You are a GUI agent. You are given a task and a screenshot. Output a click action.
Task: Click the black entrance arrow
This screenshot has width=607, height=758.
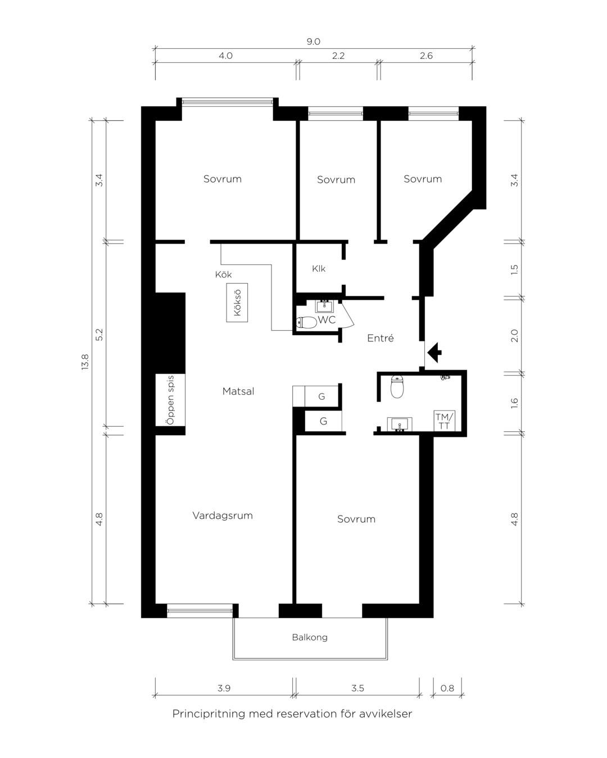[434, 352]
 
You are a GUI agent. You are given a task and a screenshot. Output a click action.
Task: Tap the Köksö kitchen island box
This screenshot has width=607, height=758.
[237, 303]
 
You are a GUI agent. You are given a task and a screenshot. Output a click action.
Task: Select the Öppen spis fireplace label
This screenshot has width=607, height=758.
[170, 400]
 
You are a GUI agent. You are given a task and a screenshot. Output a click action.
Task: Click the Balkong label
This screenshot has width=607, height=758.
[310, 637]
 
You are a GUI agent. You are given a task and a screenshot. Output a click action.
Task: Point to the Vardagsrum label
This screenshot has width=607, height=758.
[223, 515]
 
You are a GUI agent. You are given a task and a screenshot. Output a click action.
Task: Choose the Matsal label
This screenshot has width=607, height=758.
[238, 391]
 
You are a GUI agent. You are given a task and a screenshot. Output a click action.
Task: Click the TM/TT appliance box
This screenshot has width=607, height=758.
[445, 421]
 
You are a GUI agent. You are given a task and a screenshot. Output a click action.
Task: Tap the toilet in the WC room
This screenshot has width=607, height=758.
[306, 322]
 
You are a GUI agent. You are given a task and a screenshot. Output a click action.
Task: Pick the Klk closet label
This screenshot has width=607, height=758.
[319, 269]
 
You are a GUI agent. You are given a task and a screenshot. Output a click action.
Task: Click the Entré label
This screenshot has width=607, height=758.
[380, 338]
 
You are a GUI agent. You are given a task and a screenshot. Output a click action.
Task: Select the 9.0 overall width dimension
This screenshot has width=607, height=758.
[313, 42]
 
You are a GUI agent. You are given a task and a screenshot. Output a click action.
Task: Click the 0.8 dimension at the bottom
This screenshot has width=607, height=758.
[447, 688]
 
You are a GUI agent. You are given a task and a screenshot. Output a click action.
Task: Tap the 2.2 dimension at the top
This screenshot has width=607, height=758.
[338, 56]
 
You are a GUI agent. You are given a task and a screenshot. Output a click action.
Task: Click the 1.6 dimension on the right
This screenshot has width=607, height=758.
[514, 403]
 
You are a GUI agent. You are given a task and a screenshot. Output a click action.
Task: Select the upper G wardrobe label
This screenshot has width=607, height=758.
[321, 396]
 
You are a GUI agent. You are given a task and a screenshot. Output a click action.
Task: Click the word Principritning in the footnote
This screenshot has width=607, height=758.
[209, 714]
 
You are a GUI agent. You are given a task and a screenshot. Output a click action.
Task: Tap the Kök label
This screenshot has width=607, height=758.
[223, 275]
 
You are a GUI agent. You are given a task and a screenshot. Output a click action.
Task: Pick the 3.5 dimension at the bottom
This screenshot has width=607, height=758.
[357, 688]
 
